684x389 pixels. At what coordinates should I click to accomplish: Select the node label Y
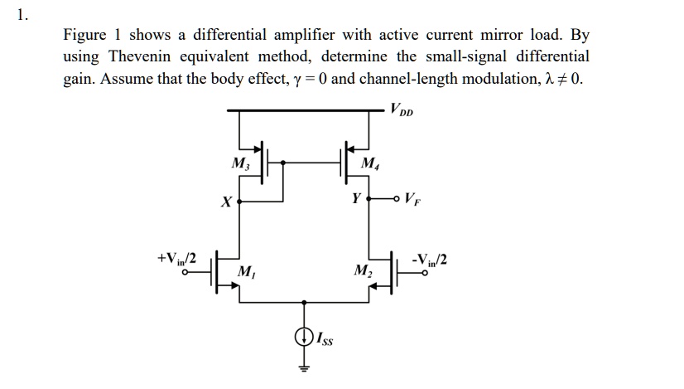[x=355, y=199]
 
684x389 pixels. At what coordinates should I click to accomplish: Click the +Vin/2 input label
[x=176, y=259]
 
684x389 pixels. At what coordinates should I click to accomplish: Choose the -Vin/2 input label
[x=431, y=259]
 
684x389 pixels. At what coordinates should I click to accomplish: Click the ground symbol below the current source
[x=304, y=367]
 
